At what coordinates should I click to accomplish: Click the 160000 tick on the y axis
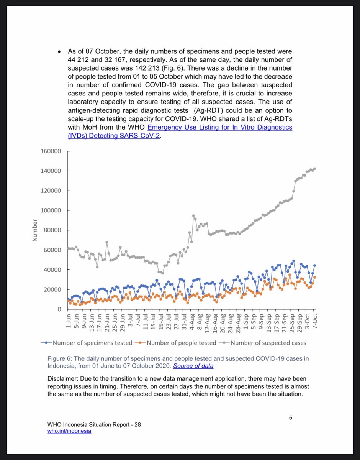click(x=51, y=151)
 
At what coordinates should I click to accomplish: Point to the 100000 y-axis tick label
click(x=51, y=210)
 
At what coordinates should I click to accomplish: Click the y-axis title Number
click(x=35, y=230)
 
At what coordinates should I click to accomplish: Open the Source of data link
click(x=193, y=366)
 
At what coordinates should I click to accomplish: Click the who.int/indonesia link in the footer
click(x=69, y=431)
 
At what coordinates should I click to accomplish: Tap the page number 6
click(x=291, y=417)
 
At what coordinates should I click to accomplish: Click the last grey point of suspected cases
click(x=314, y=169)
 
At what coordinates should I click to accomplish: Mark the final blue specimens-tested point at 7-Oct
click(x=314, y=265)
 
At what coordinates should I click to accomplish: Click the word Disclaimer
click(x=63, y=379)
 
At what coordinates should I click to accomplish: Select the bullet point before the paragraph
click(x=59, y=51)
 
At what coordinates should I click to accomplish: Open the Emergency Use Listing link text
click(x=219, y=127)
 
